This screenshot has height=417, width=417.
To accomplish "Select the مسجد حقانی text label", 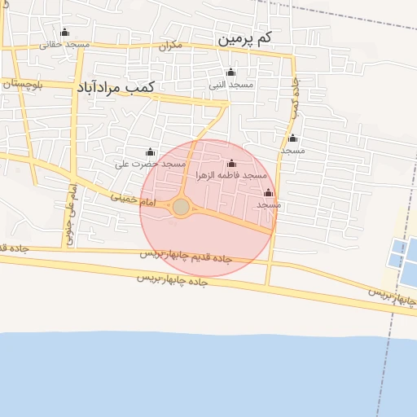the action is (64, 45).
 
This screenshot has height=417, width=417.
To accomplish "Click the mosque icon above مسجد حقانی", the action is (64, 33).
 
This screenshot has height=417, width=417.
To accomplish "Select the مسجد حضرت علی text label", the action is (150, 165).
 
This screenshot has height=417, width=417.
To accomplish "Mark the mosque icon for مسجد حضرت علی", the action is (150, 152).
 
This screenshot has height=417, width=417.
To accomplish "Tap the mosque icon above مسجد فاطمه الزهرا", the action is (232, 163).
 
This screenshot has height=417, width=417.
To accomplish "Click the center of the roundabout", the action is (181, 208).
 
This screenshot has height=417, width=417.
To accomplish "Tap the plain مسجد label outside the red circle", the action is (292, 151).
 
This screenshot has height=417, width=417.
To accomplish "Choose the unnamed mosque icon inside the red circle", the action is (269, 193).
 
